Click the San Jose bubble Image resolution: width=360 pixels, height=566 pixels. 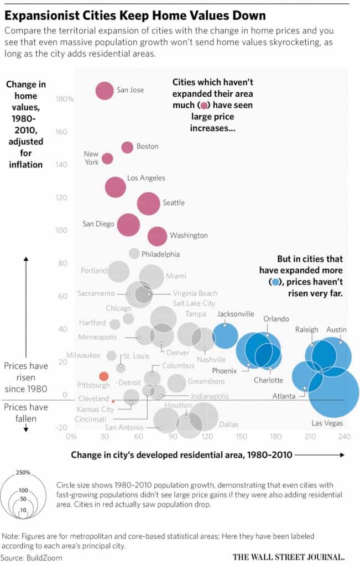104,90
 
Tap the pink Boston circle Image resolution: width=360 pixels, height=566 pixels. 127,147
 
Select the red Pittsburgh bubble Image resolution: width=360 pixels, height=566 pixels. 103,376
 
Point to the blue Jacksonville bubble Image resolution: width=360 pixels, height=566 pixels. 226,336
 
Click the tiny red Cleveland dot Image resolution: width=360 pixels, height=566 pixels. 113,401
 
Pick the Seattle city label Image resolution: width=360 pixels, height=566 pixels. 174,203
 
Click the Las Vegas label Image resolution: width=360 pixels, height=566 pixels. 327,423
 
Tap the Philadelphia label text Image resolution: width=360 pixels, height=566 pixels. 160,254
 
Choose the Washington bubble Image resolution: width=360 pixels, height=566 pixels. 158,236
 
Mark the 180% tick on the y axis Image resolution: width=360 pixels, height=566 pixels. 65,99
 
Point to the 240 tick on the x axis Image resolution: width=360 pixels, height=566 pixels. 345,437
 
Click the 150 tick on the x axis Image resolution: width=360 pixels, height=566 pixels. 242,437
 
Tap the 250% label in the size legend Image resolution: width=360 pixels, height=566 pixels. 23,473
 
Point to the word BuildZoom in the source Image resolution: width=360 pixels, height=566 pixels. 44,558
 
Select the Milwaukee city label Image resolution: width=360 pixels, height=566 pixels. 83,355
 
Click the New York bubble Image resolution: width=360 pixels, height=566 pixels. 107,159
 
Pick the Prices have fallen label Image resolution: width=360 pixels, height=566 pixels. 26,413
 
